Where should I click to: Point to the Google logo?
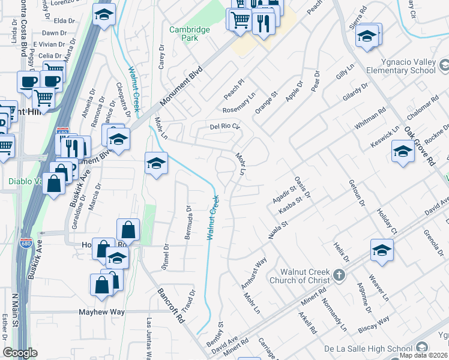coord(20,353)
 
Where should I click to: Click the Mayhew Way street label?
coord(102,312)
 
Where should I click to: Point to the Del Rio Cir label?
coord(224,127)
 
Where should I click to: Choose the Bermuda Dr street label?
coord(188,223)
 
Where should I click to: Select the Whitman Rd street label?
coord(370,119)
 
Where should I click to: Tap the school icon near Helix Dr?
coord(382,250)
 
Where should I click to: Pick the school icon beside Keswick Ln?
coord(403,151)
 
